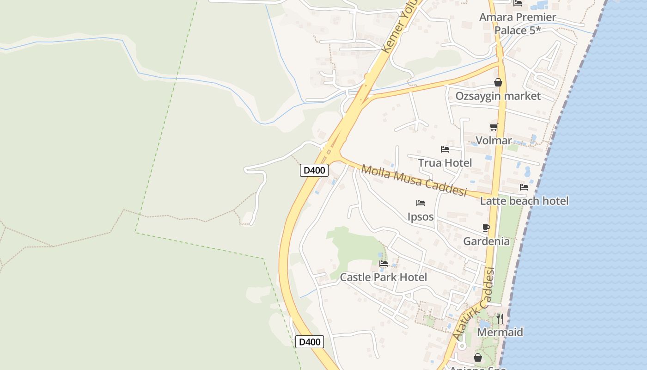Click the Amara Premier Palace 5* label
[517, 24]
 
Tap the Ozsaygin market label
[498, 96]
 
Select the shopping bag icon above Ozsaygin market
[498, 83]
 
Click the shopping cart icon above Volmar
[494, 127]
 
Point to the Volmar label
[494, 141]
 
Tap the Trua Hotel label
[445, 163]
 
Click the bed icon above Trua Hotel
[445, 149]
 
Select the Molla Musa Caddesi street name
[414, 180]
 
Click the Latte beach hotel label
[524, 201]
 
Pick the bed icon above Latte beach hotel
[524, 187]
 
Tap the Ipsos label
[421, 216]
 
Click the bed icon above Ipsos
[421, 203]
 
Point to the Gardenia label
[486, 241]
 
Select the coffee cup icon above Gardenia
[486, 228]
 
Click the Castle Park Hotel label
[384, 277]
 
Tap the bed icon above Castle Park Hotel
[384, 264]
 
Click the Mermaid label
[500, 332]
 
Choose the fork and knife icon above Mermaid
[500, 319]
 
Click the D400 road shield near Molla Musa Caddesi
[314, 170]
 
